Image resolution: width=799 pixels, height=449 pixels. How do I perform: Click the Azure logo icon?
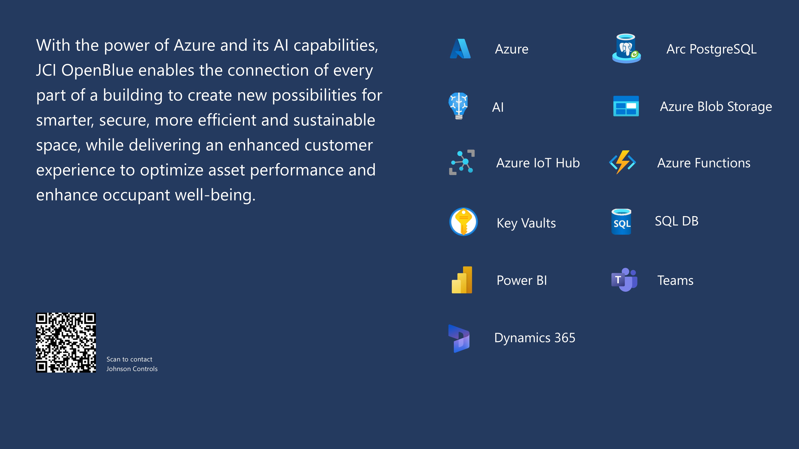(x=460, y=49)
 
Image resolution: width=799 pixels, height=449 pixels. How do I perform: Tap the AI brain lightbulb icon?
(x=458, y=106)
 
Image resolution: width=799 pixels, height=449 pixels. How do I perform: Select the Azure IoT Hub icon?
(x=462, y=162)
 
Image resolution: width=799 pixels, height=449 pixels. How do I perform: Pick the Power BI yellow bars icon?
(x=462, y=280)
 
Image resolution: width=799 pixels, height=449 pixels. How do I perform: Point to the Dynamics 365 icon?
(x=459, y=338)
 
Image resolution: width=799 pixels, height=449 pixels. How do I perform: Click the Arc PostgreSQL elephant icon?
(x=626, y=48)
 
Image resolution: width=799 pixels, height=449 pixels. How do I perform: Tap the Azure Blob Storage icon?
(x=626, y=106)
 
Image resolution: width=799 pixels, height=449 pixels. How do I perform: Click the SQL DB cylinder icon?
(x=621, y=222)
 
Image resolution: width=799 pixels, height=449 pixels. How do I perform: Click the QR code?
(x=66, y=342)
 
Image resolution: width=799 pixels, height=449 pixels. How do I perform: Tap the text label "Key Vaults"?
(x=526, y=223)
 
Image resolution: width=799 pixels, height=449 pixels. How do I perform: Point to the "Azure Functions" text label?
(x=704, y=163)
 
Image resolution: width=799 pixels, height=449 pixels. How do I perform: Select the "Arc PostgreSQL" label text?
(x=712, y=49)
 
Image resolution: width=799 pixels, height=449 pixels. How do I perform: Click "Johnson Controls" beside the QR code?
(x=132, y=369)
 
